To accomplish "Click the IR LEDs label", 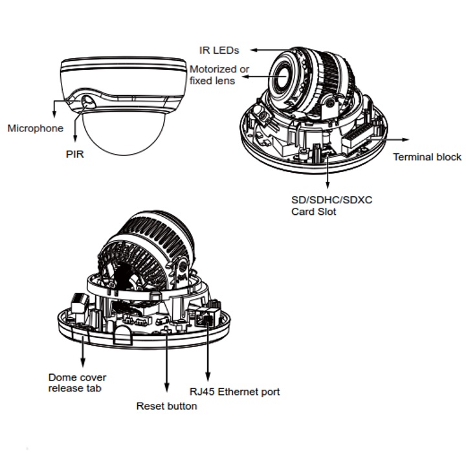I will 220,50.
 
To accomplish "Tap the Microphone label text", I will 36,128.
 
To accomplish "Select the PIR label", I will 75,155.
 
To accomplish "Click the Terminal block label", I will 427,157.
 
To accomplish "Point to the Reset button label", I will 166,406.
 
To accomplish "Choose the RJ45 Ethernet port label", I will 234,392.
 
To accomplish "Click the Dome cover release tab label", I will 78,383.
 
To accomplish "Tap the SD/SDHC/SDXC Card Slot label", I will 331,206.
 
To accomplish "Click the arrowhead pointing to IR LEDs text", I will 254,50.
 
